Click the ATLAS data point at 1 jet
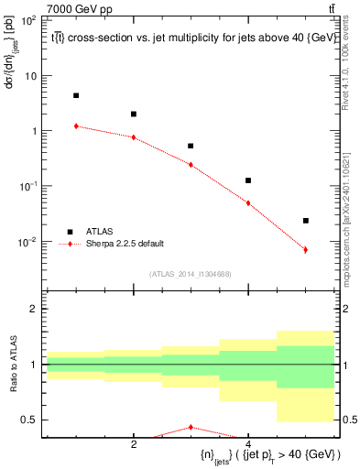[x=76, y=95]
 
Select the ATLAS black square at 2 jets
[x=134, y=115]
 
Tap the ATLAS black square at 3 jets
[x=191, y=146]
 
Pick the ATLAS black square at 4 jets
[x=248, y=180]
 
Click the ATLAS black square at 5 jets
[x=305, y=221]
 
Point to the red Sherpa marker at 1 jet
[x=76, y=126]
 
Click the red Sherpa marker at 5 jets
[x=305, y=250]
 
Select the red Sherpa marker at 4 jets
[x=248, y=203]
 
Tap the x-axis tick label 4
[x=248, y=443]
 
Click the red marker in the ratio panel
[x=191, y=427]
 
